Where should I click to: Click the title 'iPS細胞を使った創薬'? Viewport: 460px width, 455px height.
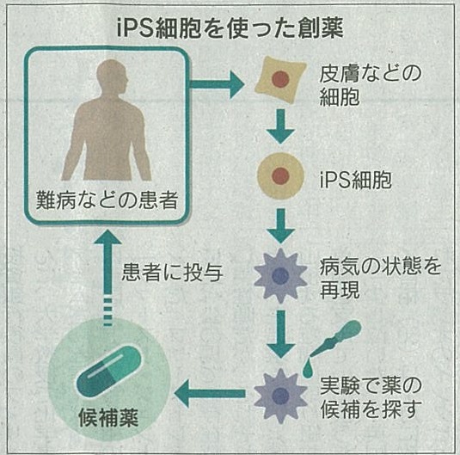230,28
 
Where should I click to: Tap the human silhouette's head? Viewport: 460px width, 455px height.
113,77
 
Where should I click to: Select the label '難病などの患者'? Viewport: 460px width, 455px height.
107,200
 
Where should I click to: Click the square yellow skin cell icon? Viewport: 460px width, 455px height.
280,79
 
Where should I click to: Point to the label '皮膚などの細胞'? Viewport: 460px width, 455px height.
370,85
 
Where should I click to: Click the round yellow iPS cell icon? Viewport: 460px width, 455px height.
281,175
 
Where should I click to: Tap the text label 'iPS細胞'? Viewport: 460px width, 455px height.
356,180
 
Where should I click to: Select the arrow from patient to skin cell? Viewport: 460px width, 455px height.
217,84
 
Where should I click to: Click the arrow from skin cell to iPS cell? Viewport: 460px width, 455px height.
281,126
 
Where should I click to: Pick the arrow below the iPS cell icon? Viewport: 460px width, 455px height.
281,226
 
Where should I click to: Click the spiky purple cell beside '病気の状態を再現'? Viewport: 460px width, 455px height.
281,275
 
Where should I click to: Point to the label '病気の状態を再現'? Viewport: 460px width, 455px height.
380,279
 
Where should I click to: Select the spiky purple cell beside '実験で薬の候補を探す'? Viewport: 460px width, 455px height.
281,396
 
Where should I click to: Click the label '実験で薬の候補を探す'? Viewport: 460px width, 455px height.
371,397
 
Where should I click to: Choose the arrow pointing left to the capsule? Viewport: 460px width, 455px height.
210,393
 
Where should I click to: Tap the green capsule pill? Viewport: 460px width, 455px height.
108,372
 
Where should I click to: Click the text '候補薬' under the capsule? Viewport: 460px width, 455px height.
108,417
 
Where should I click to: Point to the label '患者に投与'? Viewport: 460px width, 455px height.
172,273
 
